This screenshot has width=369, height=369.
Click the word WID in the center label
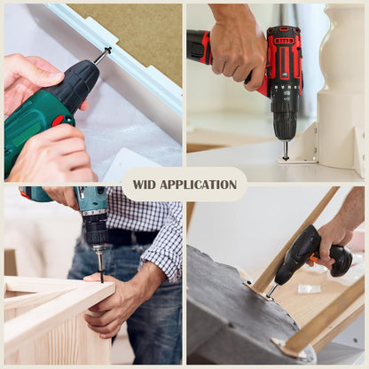[x=144, y=184]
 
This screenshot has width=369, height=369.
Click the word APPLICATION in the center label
[x=198, y=184]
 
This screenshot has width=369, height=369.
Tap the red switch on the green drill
[x=58, y=121]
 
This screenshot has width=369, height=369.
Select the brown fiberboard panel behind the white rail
[x=136, y=33]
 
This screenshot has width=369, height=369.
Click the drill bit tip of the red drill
[x=285, y=158]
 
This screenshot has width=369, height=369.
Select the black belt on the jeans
[x=133, y=237]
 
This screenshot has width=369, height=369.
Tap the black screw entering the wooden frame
[x=101, y=274]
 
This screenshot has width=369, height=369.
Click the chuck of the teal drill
[x=97, y=230]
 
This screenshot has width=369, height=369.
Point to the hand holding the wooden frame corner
[x=118, y=299]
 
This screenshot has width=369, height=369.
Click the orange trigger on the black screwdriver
[x=311, y=260]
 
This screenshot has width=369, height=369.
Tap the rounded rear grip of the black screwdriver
[x=342, y=261]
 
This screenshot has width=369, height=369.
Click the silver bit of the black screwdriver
[x=271, y=290]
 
